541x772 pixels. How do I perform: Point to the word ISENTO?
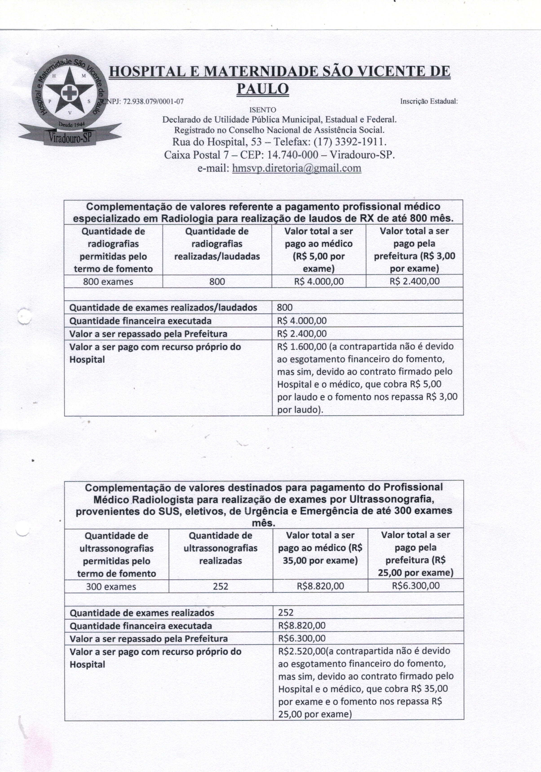(262, 110)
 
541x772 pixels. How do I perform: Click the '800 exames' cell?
(108, 281)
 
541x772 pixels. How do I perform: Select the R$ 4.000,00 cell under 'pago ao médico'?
(319, 281)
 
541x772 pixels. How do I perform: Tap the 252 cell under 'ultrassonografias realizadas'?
(221, 586)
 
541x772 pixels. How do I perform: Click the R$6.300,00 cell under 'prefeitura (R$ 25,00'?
(416, 586)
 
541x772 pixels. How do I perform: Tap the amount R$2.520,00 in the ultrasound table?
(301, 651)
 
